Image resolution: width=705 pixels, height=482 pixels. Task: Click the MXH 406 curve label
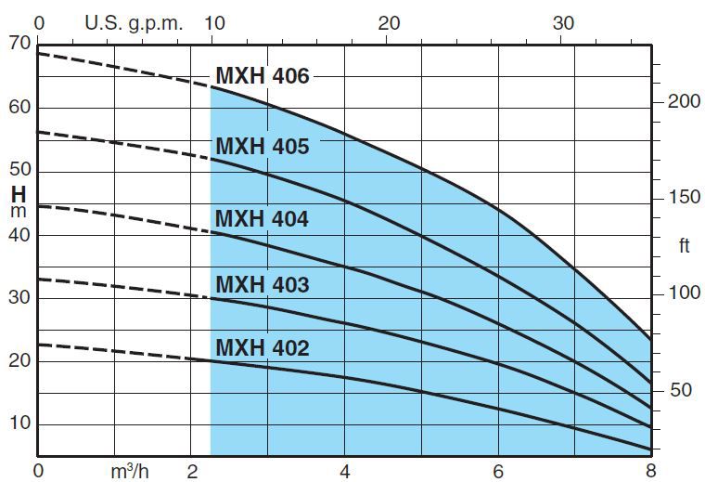263,76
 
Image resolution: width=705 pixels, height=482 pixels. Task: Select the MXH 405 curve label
263,147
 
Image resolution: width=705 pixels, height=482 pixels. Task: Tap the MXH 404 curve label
263,219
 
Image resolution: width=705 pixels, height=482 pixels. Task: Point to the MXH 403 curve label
263,284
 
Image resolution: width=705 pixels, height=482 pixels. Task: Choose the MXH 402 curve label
263,348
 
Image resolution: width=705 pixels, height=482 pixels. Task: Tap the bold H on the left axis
19,195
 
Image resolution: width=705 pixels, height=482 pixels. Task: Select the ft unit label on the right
684,245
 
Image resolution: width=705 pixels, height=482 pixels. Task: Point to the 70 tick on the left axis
19,43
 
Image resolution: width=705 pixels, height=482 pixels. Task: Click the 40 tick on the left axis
19,234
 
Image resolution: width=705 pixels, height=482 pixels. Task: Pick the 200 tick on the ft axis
685,101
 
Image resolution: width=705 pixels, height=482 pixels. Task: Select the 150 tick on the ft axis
685,198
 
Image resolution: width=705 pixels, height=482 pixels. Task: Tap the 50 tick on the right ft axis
681,389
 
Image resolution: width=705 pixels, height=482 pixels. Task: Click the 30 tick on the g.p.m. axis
563,23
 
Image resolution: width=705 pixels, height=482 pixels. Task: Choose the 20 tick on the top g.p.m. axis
390,23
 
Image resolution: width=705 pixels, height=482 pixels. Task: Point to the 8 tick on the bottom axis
650,470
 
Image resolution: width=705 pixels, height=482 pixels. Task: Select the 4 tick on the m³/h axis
345,470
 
